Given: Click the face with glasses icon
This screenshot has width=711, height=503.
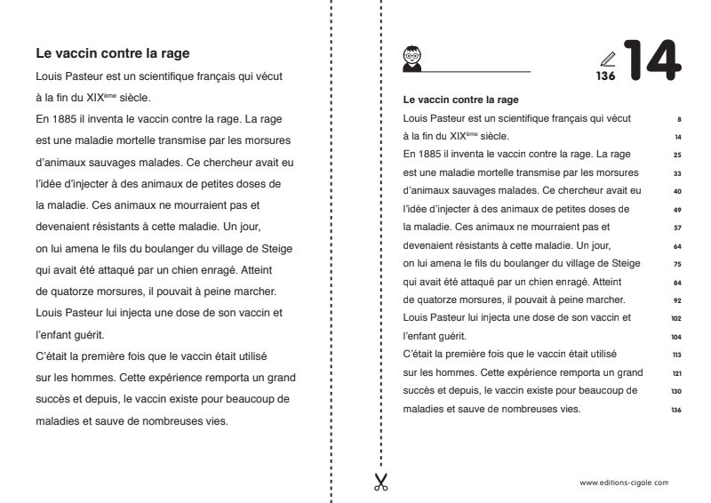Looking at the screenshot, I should pyautogui.click(x=411, y=55).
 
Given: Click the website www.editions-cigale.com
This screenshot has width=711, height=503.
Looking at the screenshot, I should pyautogui.click(x=624, y=483).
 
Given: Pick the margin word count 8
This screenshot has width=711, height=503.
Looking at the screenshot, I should pyautogui.click(x=679, y=117).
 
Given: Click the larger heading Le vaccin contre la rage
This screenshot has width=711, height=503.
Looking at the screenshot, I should pyautogui.click(x=113, y=56).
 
